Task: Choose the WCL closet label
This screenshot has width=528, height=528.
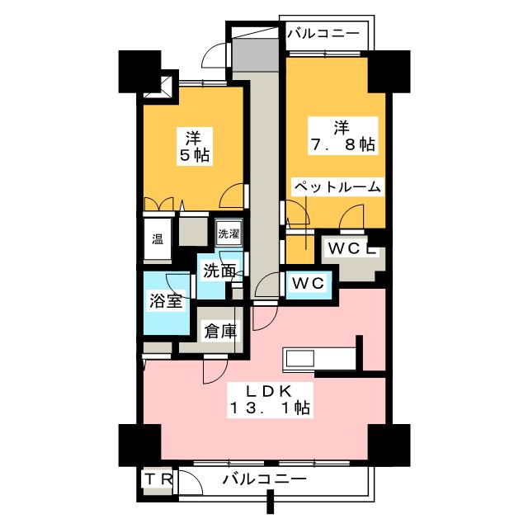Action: (x=352, y=247)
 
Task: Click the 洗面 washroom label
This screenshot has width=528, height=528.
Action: (x=219, y=271)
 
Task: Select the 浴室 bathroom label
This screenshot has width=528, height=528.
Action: (x=164, y=300)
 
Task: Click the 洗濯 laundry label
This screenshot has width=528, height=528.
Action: (x=229, y=233)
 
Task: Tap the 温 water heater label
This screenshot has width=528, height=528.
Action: (x=157, y=240)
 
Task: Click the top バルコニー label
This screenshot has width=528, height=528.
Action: (x=323, y=34)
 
